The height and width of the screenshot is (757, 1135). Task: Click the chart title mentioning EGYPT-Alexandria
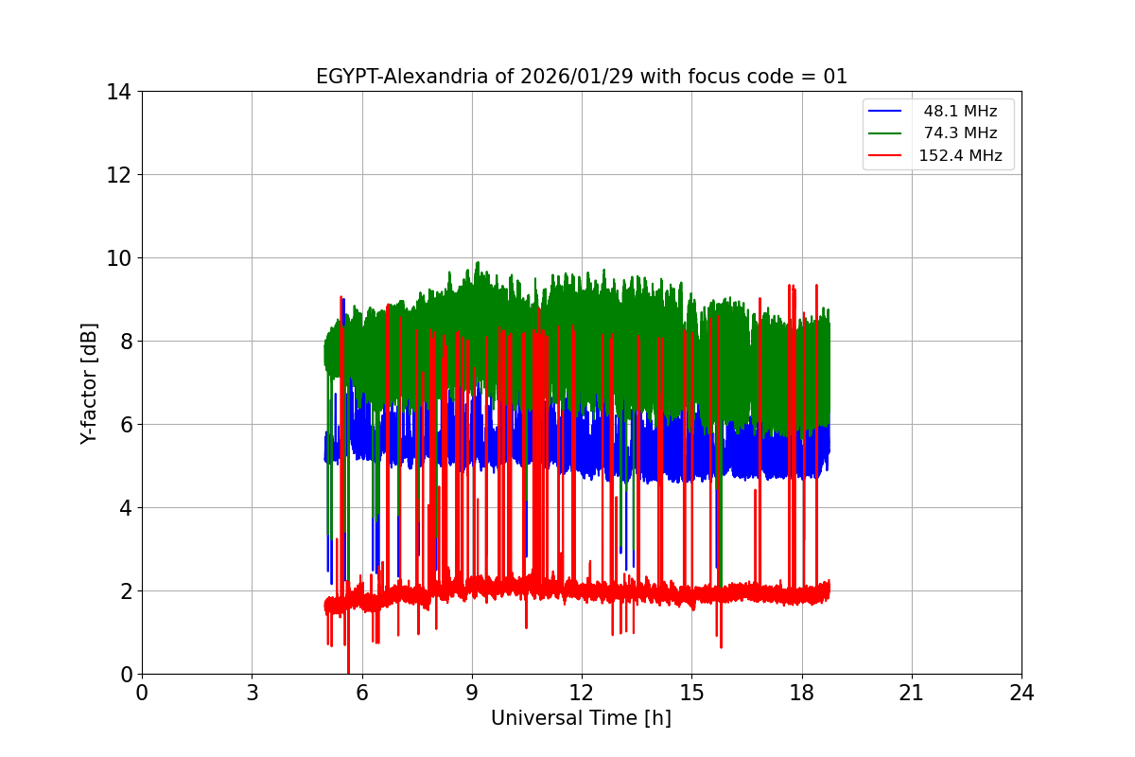(x=581, y=77)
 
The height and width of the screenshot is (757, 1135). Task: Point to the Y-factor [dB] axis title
(x=89, y=383)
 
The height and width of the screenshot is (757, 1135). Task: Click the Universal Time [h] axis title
(x=581, y=718)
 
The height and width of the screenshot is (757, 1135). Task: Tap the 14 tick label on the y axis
(x=118, y=92)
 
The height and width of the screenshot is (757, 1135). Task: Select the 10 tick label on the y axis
(x=118, y=258)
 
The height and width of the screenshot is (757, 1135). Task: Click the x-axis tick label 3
(x=252, y=693)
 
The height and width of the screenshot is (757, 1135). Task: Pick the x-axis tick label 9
(x=472, y=693)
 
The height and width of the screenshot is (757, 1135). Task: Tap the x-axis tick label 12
(x=582, y=693)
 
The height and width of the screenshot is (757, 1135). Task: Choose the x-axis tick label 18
(x=802, y=693)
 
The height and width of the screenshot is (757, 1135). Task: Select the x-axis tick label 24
(x=1021, y=693)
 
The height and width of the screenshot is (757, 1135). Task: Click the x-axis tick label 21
(x=912, y=693)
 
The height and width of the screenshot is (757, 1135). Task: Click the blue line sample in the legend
(x=887, y=112)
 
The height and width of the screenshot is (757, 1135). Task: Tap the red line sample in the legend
(x=887, y=156)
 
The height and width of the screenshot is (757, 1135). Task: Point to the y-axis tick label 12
(x=118, y=175)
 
